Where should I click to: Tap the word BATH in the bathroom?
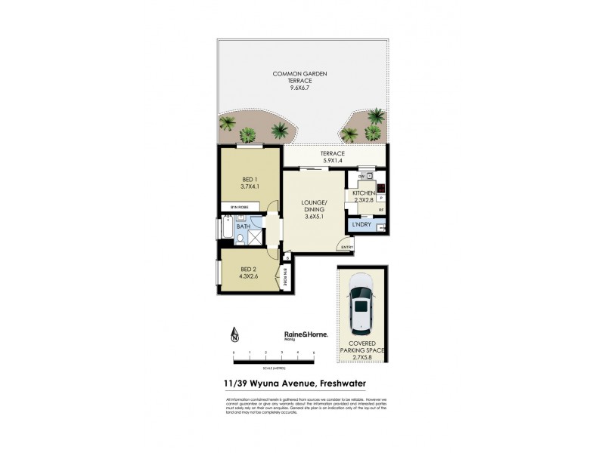coord(244,226)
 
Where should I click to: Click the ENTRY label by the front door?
coord(347,248)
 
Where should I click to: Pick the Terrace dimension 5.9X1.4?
coord(334,160)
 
